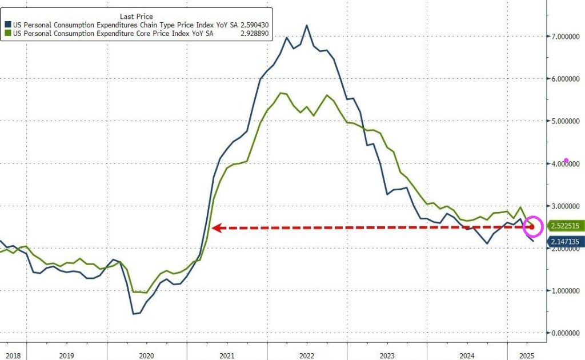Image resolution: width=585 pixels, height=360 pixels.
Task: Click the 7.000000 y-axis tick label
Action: pos(566,37)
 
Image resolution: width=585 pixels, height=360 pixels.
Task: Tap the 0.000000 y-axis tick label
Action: pos(566,333)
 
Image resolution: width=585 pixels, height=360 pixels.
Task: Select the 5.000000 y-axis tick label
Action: pos(566,121)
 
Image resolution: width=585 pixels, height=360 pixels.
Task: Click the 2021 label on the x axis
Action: pos(226,355)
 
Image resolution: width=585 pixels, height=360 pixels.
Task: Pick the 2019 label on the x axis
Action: pos(67,355)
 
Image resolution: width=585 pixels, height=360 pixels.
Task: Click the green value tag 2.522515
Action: pos(565,226)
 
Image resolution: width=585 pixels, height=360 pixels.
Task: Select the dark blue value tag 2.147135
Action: pos(565,242)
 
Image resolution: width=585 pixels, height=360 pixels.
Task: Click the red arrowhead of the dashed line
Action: pos(215,228)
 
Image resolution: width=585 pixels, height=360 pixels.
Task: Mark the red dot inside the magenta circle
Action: pos(532,227)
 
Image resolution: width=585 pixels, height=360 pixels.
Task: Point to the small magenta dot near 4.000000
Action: pos(566,161)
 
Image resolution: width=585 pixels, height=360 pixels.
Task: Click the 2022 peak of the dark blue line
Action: pos(307,26)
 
